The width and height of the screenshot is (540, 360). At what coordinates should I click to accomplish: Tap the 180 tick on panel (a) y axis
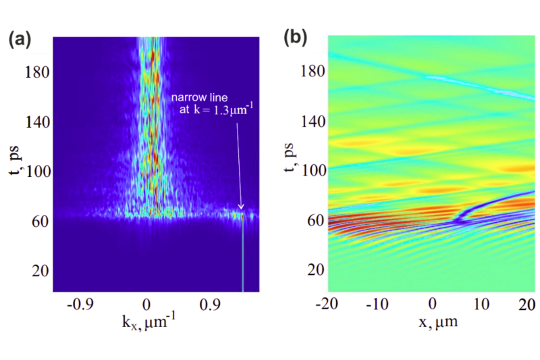[x=36, y=72]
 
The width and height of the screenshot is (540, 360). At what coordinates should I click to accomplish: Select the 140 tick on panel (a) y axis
[x=36, y=122]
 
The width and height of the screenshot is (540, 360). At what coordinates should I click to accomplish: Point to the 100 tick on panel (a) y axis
[x=36, y=172]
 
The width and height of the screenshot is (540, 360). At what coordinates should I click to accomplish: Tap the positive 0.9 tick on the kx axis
[x=212, y=305]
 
